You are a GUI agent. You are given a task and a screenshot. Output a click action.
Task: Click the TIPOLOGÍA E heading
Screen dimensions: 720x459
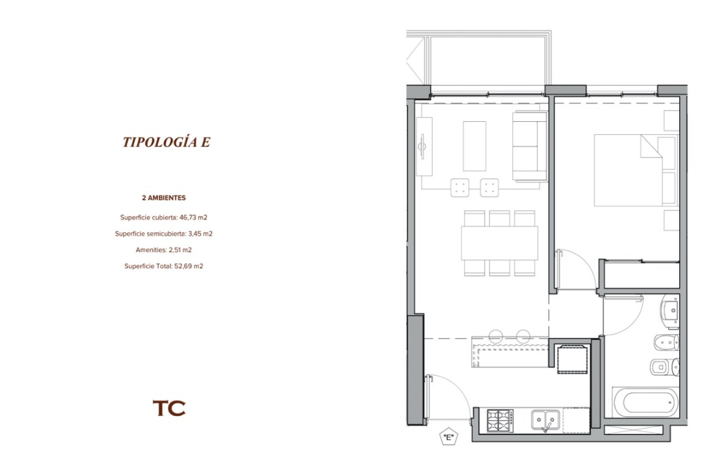166,142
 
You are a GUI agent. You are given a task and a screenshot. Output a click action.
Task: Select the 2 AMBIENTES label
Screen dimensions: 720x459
164,198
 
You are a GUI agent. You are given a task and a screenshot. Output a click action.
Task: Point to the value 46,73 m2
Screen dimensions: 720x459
193,217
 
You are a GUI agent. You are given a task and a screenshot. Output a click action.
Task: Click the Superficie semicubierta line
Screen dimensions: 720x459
164,234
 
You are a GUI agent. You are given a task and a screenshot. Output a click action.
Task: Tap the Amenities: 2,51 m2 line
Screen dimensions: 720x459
164,250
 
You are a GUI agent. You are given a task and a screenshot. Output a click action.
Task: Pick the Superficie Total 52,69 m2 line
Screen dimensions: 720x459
164,266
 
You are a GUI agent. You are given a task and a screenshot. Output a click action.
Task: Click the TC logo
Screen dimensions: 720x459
169,408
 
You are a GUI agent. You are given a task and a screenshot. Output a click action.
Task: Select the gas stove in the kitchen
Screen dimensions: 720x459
500,420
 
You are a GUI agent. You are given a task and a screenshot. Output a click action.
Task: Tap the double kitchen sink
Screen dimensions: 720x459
546,420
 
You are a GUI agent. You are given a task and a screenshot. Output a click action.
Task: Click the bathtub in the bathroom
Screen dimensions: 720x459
646,402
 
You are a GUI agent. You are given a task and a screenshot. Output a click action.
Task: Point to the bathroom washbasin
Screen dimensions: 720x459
670,311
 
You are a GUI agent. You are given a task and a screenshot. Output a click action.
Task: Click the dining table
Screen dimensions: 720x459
500,243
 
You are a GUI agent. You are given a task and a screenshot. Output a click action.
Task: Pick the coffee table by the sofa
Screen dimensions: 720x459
474,146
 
